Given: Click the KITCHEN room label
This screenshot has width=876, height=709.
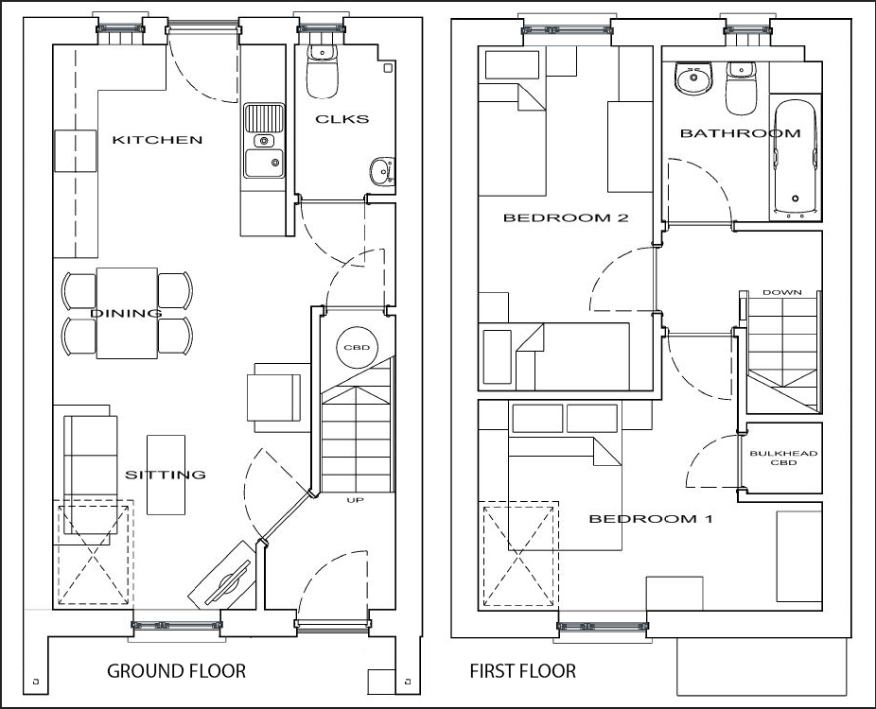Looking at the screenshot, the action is [x=157, y=140].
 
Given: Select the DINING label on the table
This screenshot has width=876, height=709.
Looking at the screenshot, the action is [x=126, y=313].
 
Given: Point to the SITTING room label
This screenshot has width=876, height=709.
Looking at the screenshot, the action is [x=165, y=475].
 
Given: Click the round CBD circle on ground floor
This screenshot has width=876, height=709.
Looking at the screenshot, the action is [x=357, y=347].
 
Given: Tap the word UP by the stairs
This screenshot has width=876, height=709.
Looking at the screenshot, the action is [x=355, y=500].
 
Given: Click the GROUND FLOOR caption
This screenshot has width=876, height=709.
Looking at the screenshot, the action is [x=176, y=670].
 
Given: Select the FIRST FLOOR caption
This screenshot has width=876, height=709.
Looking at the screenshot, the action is [x=522, y=670].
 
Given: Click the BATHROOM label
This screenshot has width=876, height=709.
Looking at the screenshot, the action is [x=740, y=133].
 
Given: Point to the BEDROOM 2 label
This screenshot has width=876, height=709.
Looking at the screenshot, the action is [x=566, y=217].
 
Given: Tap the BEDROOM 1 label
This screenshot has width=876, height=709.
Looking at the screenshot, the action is [x=651, y=519].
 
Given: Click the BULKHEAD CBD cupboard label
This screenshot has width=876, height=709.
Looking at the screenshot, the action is [x=783, y=458].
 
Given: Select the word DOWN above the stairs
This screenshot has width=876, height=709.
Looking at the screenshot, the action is [x=781, y=292].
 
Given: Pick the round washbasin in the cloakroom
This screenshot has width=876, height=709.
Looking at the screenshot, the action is [x=382, y=170].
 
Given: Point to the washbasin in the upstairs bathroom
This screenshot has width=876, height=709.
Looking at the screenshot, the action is [x=693, y=78].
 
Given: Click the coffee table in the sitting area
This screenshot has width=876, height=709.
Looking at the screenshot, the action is [x=166, y=475].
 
